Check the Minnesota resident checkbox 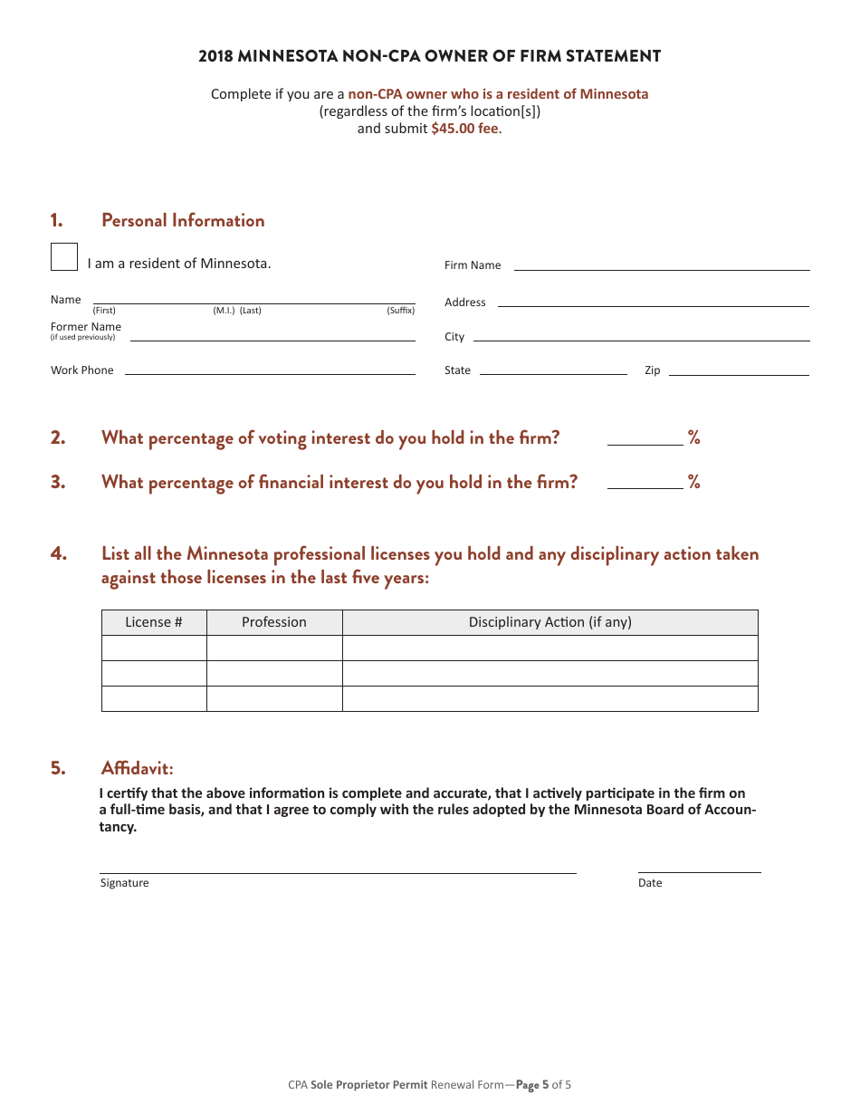[64, 257]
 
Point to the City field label [454, 337]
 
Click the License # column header [154, 622]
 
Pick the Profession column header [274, 622]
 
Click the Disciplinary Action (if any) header [549, 622]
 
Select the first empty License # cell [154, 648]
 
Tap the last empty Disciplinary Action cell [549, 698]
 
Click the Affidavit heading [137, 768]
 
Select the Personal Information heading [183, 220]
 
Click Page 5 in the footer [533, 1084]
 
